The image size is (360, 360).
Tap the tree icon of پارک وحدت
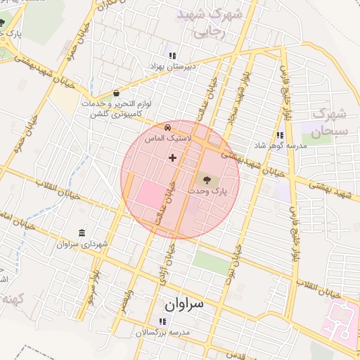[x=205, y=180]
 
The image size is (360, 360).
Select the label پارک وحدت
[x=210, y=191]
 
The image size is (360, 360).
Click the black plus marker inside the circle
[x=172, y=157]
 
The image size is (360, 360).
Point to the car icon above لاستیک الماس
[x=167, y=127]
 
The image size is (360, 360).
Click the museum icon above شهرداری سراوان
[x=82, y=233]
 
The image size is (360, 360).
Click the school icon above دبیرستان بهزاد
[x=172, y=55]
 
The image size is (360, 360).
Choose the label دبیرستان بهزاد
[x=171, y=65]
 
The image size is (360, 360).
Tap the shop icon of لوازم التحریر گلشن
[x=116, y=93]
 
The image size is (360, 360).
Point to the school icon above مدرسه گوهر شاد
[x=280, y=135]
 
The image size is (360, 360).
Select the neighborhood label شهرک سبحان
[x=328, y=122]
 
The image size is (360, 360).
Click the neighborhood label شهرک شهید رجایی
[x=209, y=22]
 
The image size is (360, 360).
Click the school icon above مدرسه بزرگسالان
[x=163, y=321]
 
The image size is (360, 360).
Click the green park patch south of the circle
[x=210, y=262]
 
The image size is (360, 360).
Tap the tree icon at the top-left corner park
[x=2, y=22]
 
